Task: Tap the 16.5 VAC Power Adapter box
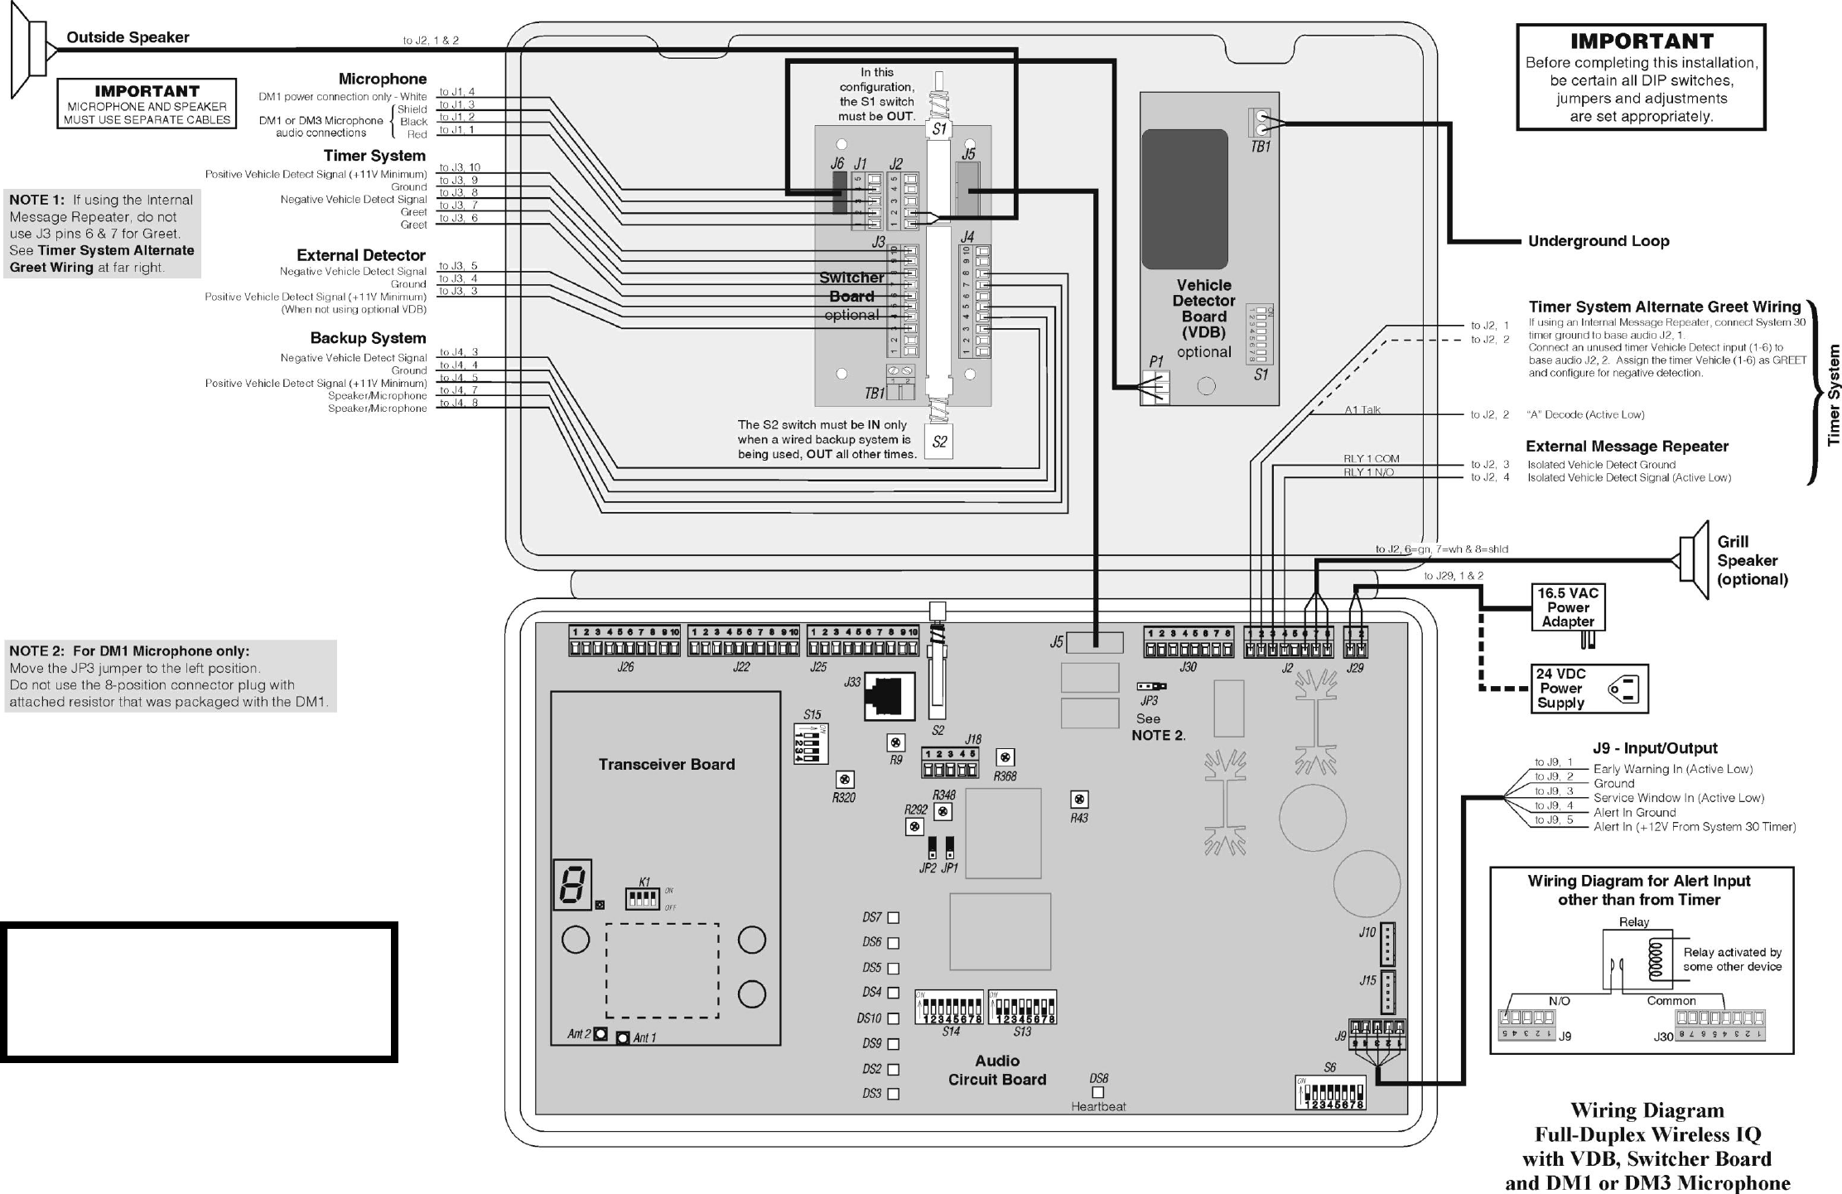coord(1567,607)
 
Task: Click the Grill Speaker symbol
coord(1695,560)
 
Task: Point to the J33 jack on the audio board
coord(890,696)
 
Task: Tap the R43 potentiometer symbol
coord(1078,800)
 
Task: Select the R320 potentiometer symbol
coord(844,780)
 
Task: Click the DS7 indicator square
coord(893,918)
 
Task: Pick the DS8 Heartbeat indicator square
coord(1098,1092)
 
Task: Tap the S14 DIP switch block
coord(949,1008)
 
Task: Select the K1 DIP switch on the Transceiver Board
coord(642,898)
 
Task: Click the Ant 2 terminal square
coord(600,1034)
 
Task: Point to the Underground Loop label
coord(1598,241)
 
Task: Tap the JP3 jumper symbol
coord(1151,686)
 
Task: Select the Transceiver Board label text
coord(667,764)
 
